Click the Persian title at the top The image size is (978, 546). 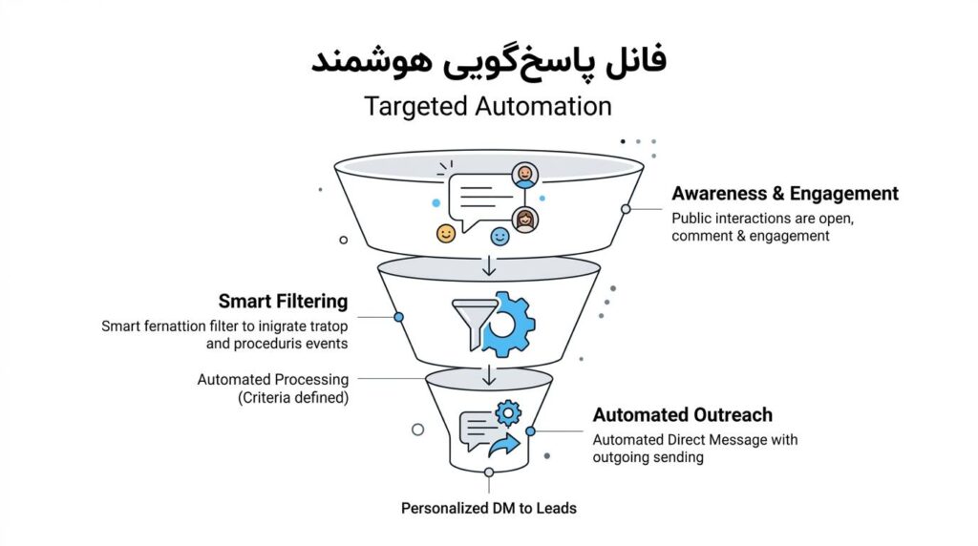pyautogui.click(x=488, y=60)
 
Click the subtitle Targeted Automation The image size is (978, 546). pyautogui.click(x=488, y=106)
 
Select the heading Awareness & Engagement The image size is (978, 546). pyautogui.click(x=785, y=193)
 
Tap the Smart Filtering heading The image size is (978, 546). pyautogui.click(x=283, y=301)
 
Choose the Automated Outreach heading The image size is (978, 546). pyautogui.click(x=682, y=414)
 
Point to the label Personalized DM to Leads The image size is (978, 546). pyautogui.click(x=488, y=508)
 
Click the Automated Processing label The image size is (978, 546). pyautogui.click(x=272, y=379)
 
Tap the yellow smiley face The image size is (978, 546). pyautogui.click(x=445, y=234)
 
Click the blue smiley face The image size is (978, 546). pyautogui.click(x=500, y=236)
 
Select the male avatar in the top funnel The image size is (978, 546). pyautogui.click(x=524, y=175)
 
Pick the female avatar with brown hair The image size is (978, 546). pyautogui.click(x=525, y=220)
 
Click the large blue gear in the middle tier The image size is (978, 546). pyautogui.click(x=508, y=325)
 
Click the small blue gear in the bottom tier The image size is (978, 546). pyautogui.click(x=508, y=413)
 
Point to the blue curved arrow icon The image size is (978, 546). pyautogui.click(x=504, y=445)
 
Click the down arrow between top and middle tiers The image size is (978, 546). pyautogui.click(x=489, y=265)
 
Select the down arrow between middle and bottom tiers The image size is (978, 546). pyautogui.click(x=489, y=375)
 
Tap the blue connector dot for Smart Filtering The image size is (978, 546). pyautogui.click(x=398, y=317)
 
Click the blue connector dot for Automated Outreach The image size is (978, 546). pyautogui.click(x=530, y=431)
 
